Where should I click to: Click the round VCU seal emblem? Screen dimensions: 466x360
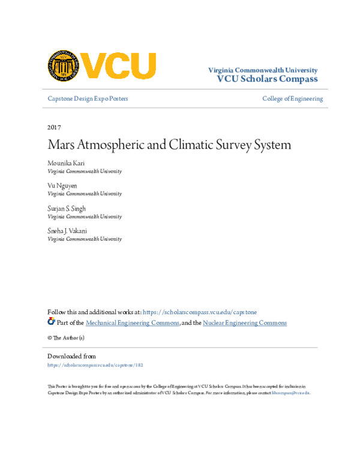[64, 65]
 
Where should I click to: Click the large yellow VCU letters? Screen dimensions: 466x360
[119, 65]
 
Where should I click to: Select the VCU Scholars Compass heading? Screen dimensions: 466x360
[267, 79]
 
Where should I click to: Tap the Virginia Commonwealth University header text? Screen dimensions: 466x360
[263, 70]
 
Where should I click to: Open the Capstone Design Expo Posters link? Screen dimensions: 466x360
[88, 98]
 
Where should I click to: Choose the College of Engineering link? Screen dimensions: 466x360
[292, 98]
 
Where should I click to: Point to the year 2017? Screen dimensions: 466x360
[54, 127]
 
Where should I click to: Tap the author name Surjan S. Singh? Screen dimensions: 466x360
[67, 208]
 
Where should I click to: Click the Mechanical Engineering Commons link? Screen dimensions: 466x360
[133, 323]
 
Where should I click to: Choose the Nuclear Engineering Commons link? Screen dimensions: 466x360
[244, 323]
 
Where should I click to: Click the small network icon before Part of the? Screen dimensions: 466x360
[51, 322]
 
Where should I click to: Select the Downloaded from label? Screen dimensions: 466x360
[71, 356]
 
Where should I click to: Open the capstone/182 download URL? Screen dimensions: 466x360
[95, 365]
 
